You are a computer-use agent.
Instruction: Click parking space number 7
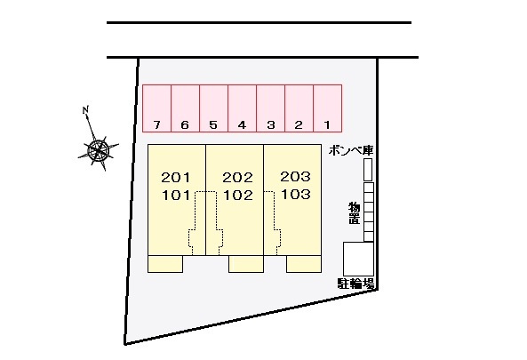(x=157, y=108)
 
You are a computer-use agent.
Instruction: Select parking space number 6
(x=186, y=108)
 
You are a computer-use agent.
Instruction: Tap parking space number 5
(x=214, y=108)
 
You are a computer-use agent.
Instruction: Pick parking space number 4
(x=243, y=108)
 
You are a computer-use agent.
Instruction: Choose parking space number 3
(x=271, y=108)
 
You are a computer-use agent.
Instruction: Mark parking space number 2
(x=299, y=108)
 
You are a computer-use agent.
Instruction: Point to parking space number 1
(x=328, y=108)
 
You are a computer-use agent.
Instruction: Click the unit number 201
(x=176, y=178)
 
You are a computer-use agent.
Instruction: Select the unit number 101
(x=176, y=196)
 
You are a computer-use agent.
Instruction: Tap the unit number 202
(x=237, y=178)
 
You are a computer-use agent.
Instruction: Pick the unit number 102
(x=238, y=196)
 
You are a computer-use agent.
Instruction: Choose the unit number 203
(x=295, y=177)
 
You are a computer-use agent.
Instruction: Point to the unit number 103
(x=296, y=194)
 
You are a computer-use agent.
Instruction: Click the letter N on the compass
(x=85, y=109)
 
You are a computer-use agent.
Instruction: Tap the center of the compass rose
(x=98, y=150)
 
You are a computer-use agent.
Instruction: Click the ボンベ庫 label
(x=351, y=150)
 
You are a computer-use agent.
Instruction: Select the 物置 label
(x=354, y=213)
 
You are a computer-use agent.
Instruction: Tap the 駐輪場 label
(x=356, y=284)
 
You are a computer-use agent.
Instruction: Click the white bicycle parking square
(x=358, y=259)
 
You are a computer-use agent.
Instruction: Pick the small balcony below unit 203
(x=304, y=264)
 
